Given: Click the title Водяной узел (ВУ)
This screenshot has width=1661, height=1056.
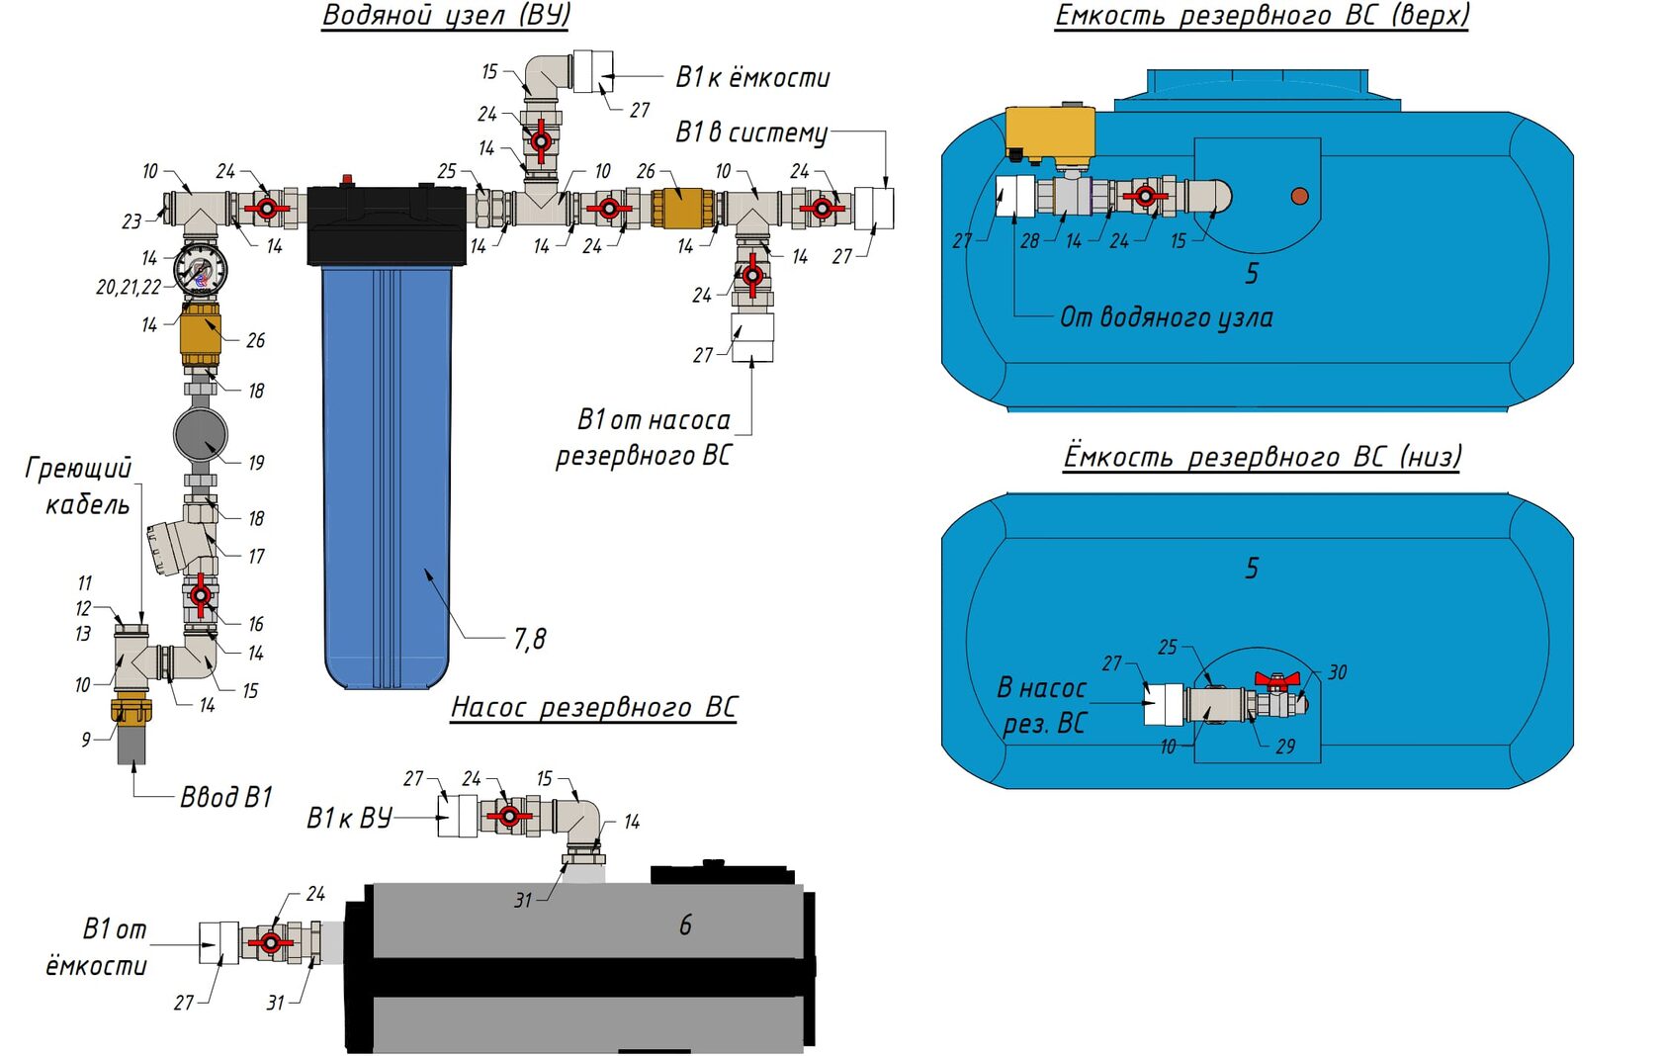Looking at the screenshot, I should [x=446, y=16].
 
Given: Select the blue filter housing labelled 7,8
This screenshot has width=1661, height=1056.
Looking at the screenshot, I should [x=388, y=475].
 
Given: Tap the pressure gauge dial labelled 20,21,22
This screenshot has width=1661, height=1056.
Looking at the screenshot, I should [x=200, y=269].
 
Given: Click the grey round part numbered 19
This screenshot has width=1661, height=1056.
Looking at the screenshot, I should [x=200, y=434].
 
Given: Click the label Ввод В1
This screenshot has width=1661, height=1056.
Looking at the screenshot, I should [x=225, y=797].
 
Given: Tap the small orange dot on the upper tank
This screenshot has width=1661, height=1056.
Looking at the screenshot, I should [x=1299, y=196].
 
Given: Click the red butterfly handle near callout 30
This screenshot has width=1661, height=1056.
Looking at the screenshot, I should [x=1276, y=680].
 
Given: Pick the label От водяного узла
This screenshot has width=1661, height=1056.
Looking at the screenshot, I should [x=1166, y=317].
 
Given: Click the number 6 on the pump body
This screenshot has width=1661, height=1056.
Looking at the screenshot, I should [x=685, y=925].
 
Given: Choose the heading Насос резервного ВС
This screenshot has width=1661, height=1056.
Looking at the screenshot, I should [x=593, y=707].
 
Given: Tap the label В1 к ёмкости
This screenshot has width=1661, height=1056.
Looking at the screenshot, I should [x=752, y=77].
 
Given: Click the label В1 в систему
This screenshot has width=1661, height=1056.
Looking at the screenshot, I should [x=751, y=132].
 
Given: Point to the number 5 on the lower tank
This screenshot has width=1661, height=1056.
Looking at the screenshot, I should [x=1252, y=569].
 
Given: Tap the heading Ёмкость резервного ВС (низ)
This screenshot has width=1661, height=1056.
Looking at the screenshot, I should [x=1262, y=457].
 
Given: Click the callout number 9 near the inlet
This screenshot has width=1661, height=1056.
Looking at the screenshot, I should [x=86, y=739].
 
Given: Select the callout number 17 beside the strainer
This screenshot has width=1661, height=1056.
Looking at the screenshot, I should [x=256, y=557].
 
